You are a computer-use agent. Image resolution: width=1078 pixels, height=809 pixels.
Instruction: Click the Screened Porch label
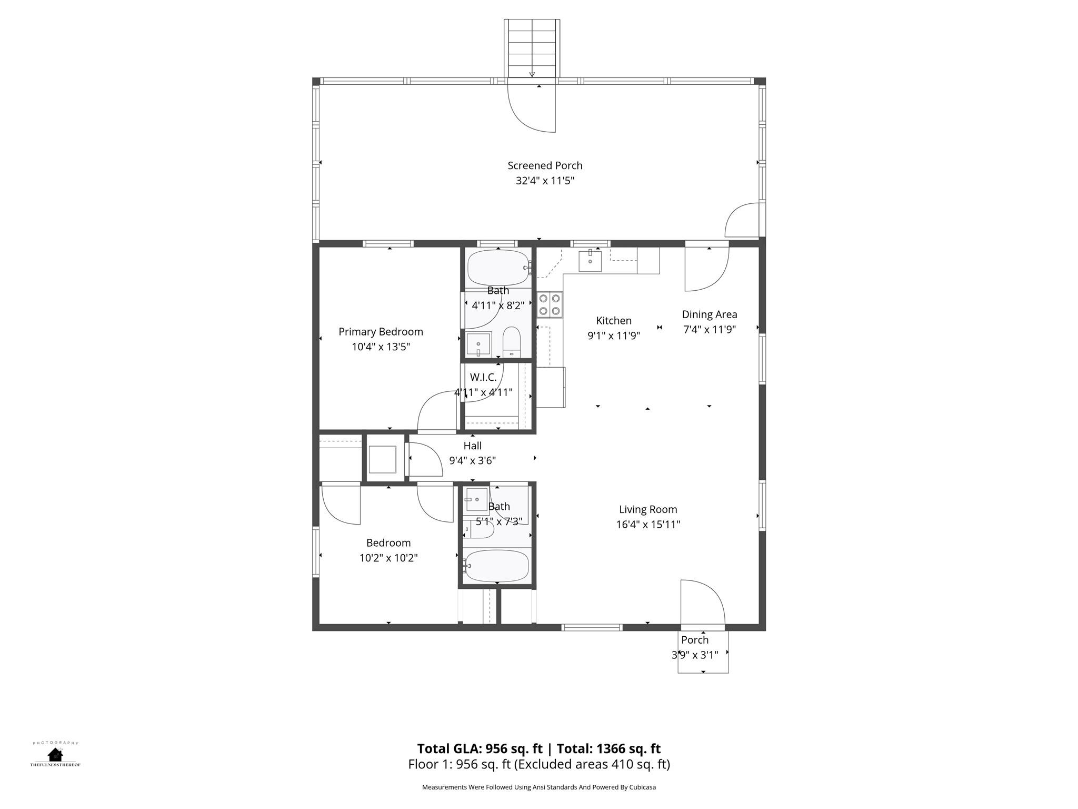click(545, 165)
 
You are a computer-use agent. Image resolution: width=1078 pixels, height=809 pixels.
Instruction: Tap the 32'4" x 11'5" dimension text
click(545, 181)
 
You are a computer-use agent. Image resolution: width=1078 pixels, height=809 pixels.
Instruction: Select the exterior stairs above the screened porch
click(532, 48)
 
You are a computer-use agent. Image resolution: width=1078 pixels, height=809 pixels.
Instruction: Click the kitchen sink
click(590, 261)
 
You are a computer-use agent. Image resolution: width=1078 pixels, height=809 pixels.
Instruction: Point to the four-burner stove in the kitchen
click(550, 304)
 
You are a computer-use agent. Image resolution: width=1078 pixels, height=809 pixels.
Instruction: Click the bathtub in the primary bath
click(498, 268)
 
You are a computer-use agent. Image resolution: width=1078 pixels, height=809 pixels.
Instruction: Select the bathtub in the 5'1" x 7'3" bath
click(497, 566)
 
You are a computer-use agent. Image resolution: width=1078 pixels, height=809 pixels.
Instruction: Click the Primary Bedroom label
click(381, 332)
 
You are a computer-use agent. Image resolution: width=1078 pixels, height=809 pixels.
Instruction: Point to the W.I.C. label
click(483, 377)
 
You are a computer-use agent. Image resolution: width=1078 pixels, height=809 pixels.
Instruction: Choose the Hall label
click(473, 446)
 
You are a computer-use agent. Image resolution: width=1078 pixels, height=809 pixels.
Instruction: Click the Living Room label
click(648, 509)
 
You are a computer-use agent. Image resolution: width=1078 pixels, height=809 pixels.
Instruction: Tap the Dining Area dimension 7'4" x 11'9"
click(710, 330)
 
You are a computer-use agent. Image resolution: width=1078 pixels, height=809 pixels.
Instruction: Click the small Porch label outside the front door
click(695, 640)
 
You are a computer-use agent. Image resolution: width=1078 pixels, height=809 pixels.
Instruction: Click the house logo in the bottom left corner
click(55, 754)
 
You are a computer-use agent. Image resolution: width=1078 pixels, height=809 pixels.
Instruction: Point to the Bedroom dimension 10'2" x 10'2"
click(388, 558)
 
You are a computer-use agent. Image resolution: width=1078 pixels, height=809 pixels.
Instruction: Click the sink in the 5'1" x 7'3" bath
click(477, 499)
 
